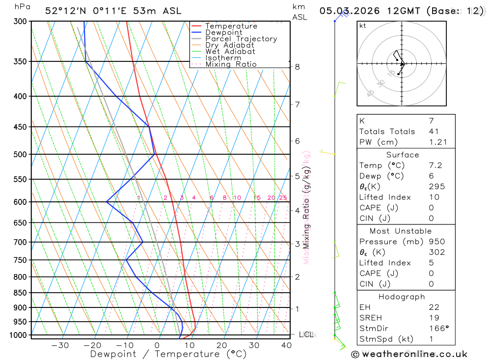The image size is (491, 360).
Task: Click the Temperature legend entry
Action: (x=231, y=26)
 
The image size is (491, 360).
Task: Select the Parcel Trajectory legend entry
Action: (x=241, y=39)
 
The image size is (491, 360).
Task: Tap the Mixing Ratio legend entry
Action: (x=231, y=64)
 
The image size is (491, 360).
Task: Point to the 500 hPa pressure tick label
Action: (x=20, y=154)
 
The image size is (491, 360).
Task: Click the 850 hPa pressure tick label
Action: (x=20, y=293)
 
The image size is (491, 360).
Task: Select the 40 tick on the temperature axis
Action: (x=286, y=345)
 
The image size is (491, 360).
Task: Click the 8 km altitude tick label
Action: (x=297, y=67)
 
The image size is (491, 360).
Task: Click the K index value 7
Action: (x=431, y=121)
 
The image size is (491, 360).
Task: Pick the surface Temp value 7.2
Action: (x=436, y=166)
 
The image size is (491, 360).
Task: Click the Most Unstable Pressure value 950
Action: (x=436, y=242)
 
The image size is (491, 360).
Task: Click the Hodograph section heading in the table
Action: (x=402, y=297)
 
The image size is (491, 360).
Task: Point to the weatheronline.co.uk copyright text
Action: (x=409, y=354)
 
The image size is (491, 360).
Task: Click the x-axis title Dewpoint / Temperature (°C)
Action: (x=168, y=354)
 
